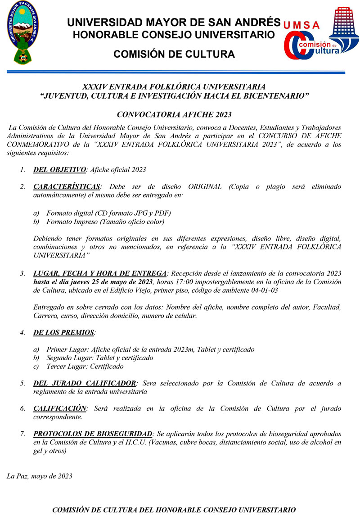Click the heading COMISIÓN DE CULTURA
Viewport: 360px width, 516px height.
coord(174,54)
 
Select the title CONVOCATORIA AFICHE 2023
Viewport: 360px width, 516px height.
coord(174,115)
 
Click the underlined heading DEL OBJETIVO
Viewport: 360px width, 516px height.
coord(59,170)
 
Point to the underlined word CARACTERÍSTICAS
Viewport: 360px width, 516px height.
coord(67,187)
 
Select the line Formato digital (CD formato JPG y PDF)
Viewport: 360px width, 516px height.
coord(108,213)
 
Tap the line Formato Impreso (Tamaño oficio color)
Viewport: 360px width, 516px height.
coord(105,222)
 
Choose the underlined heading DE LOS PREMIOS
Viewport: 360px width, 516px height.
coord(64,333)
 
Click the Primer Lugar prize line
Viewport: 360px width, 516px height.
coord(150,350)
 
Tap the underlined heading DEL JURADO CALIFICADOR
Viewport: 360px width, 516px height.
coord(85,384)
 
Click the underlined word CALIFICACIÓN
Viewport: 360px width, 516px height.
coord(60,408)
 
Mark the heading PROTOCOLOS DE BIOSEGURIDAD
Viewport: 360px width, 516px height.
coord(93,434)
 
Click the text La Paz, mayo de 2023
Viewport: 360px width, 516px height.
coord(39,476)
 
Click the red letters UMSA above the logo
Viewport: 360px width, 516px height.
coord(302,25)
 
